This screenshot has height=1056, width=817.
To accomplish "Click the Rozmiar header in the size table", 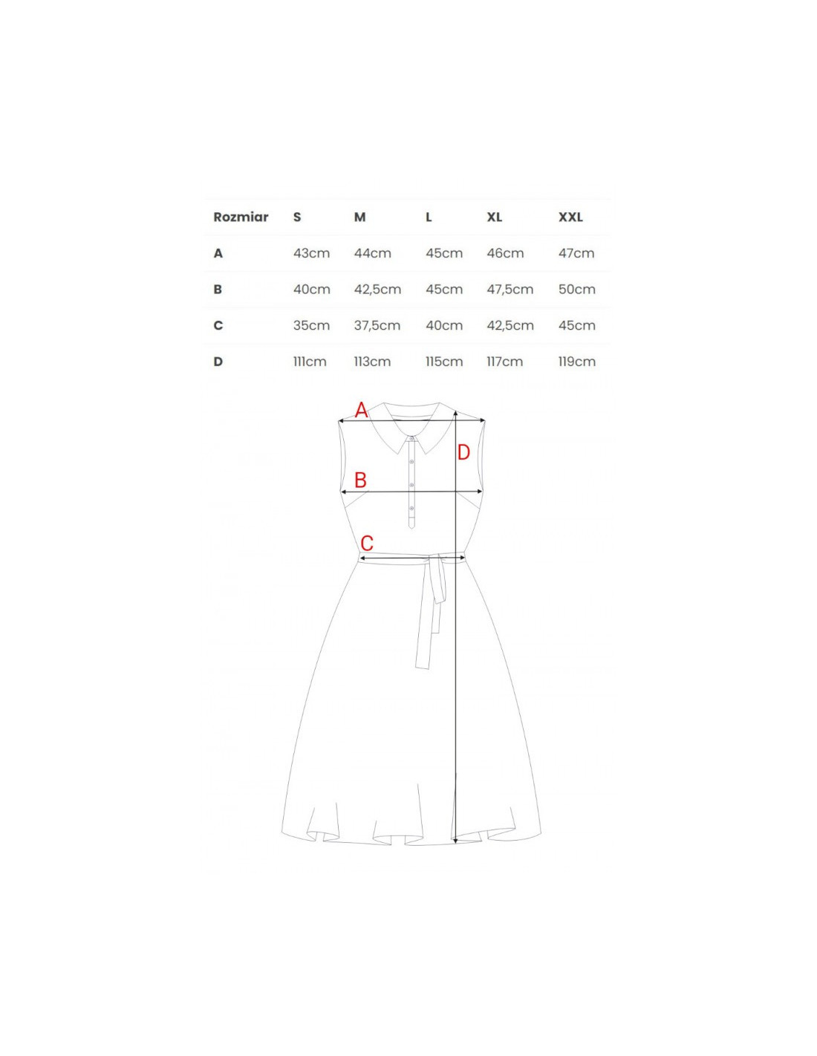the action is click(241, 218).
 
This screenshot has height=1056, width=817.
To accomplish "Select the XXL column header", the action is click(570, 218).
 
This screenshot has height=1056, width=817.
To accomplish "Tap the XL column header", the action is click(494, 218).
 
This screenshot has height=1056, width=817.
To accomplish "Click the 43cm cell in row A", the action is click(311, 253).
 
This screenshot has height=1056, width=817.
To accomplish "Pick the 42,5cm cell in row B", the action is click(377, 290).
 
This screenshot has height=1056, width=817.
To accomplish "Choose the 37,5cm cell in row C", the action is click(377, 325).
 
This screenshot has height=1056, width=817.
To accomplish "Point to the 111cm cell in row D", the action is click(310, 362).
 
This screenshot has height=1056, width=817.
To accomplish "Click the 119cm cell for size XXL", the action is click(577, 362).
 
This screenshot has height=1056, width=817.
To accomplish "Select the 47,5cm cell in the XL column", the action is click(510, 290).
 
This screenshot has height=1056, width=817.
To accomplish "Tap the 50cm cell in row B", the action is click(577, 290).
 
